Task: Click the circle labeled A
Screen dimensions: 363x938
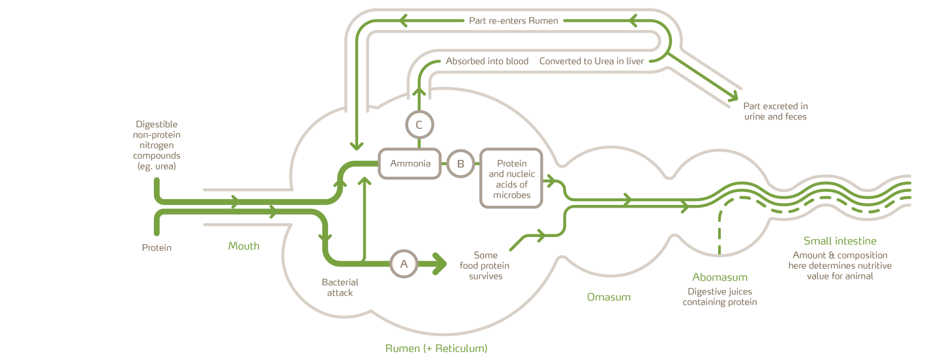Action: tap(404, 264)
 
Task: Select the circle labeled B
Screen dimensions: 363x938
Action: tap(461, 164)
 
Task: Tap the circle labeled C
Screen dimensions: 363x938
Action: tap(419, 125)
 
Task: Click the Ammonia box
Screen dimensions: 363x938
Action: tap(410, 164)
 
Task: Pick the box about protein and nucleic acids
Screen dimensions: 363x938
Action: tap(511, 178)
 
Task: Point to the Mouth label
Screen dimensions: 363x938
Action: tap(244, 246)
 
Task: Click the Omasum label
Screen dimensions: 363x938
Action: tap(609, 297)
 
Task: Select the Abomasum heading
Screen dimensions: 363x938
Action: tap(719, 277)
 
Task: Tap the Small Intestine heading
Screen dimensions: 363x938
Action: tap(840, 241)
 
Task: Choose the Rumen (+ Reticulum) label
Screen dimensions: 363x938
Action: tap(436, 348)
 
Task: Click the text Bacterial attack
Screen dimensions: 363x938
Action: tap(340, 287)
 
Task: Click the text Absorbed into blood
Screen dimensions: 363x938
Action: tap(487, 61)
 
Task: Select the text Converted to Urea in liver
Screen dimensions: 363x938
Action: tap(592, 61)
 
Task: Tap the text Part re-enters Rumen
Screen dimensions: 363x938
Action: tap(513, 21)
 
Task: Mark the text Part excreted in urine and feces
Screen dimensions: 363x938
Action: tap(776, 111)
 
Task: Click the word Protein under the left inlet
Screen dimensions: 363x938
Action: tap(157, 248)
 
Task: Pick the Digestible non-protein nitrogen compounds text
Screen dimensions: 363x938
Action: tap(157, 145)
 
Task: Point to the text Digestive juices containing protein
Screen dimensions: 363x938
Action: tap(719, 297)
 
